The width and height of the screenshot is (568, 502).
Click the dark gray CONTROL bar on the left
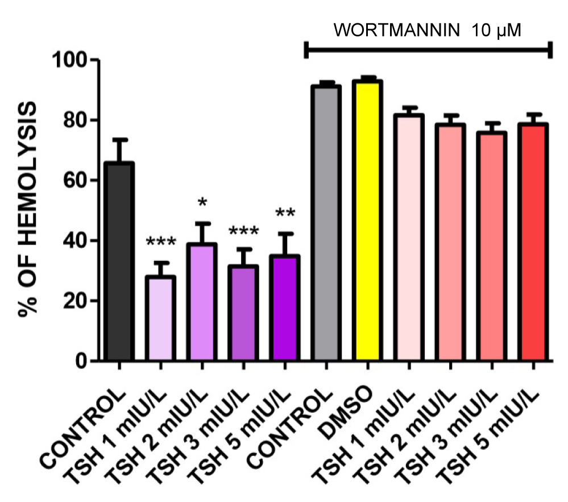click(x=119, y=262)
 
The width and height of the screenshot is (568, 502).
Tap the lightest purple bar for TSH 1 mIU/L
click(x=161, y=318)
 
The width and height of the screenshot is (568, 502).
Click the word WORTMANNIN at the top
click(x=397, y=30)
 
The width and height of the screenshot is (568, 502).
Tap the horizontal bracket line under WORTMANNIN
click(x=429, y=50)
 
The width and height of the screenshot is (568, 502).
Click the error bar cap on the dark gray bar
click(x=119, y=139)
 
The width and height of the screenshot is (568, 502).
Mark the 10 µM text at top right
click(x=496, y=30)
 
